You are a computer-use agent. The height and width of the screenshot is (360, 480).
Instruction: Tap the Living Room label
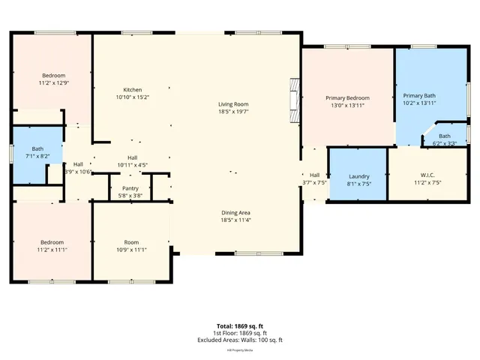[233, 104]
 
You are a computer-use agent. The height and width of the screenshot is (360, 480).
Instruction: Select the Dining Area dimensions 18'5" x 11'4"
[235, 220]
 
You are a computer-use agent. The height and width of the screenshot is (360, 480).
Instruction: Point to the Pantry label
[127, 188]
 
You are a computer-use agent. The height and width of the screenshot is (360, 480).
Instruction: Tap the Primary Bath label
[418, 96]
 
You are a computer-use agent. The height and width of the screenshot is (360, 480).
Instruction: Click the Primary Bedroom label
[347, 98]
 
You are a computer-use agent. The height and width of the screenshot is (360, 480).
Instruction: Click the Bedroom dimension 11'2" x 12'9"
[54, 83]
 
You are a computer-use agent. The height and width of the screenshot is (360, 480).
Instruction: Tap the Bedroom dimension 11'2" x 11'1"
[53, 250]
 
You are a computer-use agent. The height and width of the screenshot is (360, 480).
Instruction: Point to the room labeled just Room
[132, 242]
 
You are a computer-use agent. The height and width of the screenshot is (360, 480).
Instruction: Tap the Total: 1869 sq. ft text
[241, 325]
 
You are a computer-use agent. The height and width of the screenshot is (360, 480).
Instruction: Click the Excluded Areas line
[241, 340]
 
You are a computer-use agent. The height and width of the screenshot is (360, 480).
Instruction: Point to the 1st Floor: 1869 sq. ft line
[241, 333]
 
